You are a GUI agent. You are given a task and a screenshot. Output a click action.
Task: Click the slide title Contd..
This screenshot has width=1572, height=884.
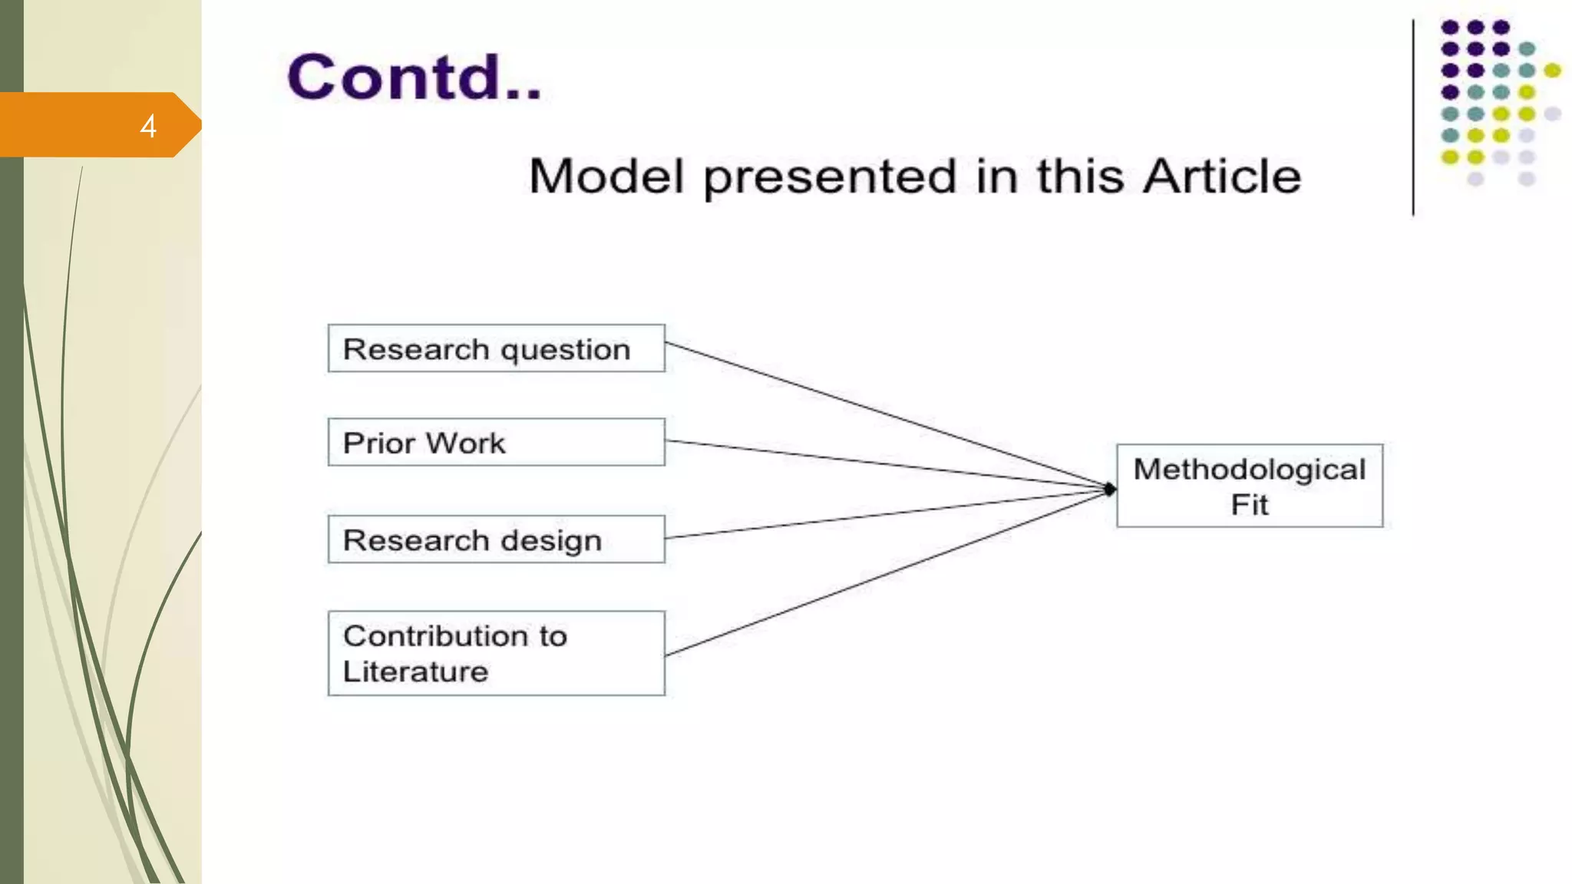point(414,78)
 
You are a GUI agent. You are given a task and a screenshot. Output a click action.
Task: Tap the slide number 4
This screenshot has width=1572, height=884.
point(148,126)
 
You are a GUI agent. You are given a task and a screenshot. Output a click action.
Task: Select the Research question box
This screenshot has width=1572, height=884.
point(496,348)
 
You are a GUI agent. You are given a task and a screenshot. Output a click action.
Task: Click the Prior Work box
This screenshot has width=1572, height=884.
point(496,442)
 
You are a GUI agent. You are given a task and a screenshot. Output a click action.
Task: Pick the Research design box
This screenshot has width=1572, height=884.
point(496,539)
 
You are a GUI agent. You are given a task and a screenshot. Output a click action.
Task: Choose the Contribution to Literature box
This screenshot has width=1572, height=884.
point(496,653)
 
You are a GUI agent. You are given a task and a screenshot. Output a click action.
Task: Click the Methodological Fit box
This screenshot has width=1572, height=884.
point(1249,486)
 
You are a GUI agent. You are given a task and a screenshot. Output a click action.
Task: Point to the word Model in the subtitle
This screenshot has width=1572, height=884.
point(606,176)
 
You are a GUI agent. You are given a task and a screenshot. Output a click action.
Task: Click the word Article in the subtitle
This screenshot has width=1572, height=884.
point(1222,176)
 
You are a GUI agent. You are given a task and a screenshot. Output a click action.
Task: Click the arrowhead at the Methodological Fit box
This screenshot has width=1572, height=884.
point(1109,489)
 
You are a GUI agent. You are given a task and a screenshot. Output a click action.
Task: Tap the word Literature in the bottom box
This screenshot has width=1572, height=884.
point(415,672)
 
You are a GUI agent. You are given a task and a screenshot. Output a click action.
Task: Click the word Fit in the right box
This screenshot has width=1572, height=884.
point(1249,505)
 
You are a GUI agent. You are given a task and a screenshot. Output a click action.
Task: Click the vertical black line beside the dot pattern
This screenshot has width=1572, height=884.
point(1412,115)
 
